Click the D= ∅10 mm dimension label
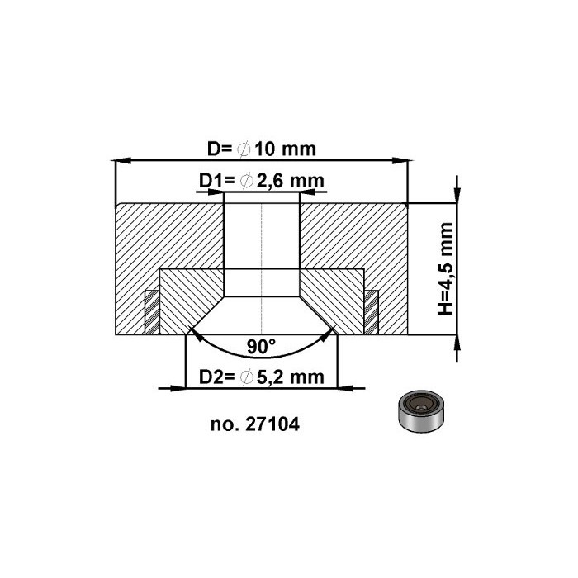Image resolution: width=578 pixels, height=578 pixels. coord(261,149)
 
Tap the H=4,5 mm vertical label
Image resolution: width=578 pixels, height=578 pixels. coord(445,268)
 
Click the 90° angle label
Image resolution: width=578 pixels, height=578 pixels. coord(261,347)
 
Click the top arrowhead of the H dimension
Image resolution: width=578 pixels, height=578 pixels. coord(457,194)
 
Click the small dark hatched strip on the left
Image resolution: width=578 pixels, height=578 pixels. coord(151,312)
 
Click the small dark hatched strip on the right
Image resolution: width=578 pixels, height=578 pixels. coord(372,312)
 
